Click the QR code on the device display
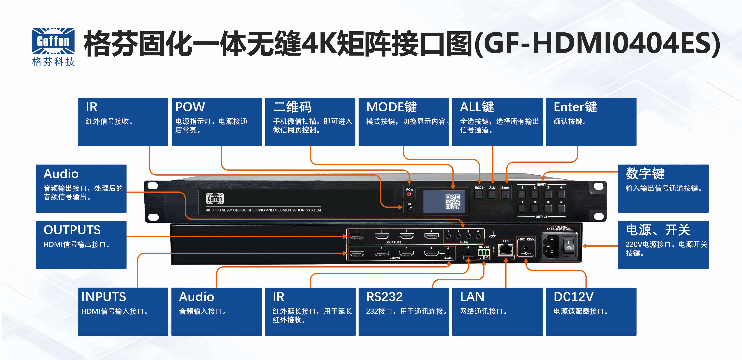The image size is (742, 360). [x=453, y=201]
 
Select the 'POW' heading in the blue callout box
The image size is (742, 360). [x=190, y=107]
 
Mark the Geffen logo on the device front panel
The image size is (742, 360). [x=215, y=199]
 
